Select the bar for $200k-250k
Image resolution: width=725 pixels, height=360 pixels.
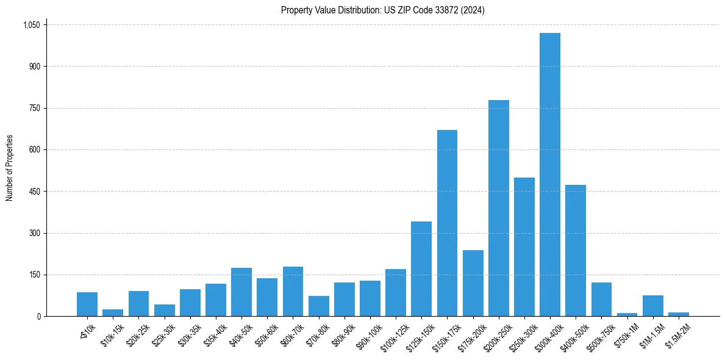498,208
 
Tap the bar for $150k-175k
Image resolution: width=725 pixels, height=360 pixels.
447,223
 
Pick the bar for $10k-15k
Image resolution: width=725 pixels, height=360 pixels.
113,313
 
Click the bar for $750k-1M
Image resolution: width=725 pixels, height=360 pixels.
627,314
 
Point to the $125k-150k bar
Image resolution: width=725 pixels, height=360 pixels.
421,269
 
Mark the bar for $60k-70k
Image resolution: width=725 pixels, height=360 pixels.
293,292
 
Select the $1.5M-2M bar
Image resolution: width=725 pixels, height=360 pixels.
678,314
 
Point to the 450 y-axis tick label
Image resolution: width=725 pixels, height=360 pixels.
35,192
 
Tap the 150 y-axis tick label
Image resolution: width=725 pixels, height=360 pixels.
35,275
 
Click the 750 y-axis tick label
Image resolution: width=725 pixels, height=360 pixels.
35,108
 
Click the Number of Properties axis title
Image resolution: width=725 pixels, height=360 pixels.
10,168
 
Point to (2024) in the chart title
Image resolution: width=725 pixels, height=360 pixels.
473,10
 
